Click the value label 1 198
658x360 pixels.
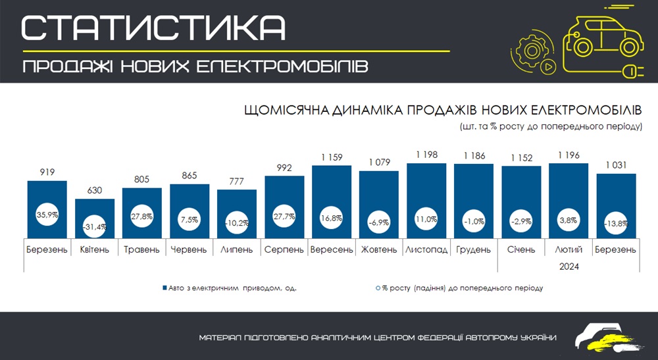pos(426,155)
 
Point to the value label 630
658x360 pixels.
pos(95,191)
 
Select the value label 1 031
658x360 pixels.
pos(616,165)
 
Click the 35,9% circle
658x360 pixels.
pos(47,214)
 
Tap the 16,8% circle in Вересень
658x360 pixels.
pos(332,217)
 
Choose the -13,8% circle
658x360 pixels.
pos(616,224)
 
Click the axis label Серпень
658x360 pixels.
pos(284,250)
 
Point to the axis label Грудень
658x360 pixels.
pos(474,250)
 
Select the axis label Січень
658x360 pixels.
pos(521,250)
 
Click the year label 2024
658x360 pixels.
pos(569,267)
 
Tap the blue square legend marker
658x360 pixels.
pos(164,288)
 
